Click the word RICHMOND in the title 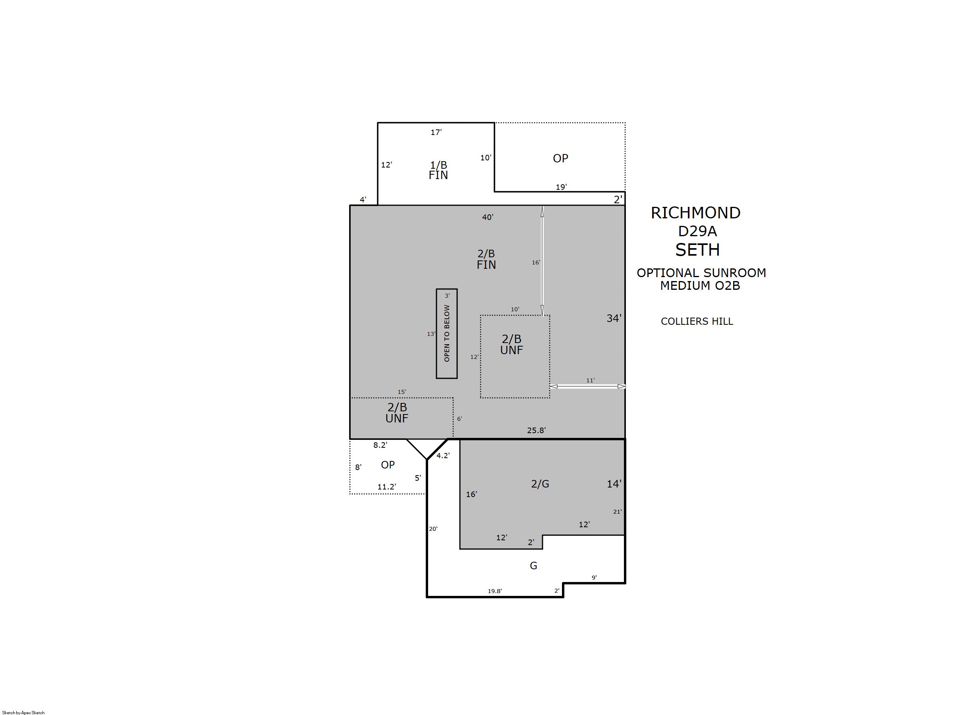click(x=695, y=212)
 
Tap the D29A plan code click(x=697, y=231)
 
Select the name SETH click(x=697, y=250)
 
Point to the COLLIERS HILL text click(x=697, y=321)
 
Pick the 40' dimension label click(x=488, y=217)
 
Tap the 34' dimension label click(x=614, y=318)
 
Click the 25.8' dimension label click(x=536, y=430)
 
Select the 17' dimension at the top click(x=436, y=132)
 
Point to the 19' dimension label click(x=561, y=187)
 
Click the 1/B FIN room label click(x=438, y=170)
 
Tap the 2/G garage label click(x=540, y=484)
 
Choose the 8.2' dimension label click(x=380, y=445)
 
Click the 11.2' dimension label click(x=386, y=486)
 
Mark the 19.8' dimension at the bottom click(x=494, y=591)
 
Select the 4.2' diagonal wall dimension click(x=443, y=455)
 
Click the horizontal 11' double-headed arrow click(x=587, y=386)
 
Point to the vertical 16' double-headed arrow click(x=542, y=260)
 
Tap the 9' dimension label click(x=594, y=577)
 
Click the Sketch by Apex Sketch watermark click(x=23, y=712)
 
